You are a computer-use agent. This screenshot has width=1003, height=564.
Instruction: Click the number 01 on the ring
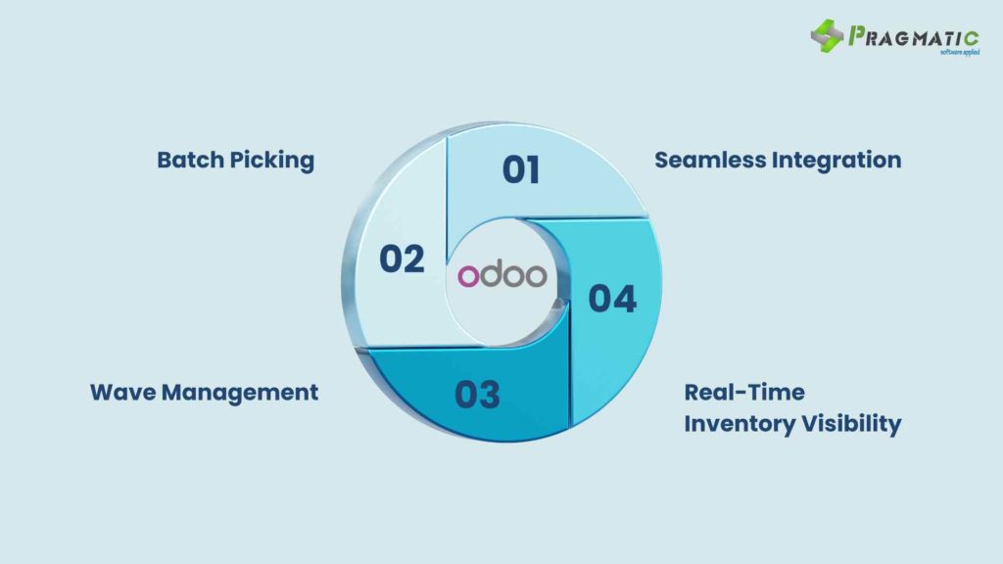pos(521,170)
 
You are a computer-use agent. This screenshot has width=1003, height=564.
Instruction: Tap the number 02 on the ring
pos(402,258)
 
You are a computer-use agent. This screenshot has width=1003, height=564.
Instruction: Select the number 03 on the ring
pos(477,395)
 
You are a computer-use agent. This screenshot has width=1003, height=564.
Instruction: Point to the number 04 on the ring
pos(612,299)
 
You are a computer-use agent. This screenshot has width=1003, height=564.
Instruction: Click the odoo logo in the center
pos(502,275)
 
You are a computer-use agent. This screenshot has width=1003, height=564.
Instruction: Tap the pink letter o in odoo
pos(468,277)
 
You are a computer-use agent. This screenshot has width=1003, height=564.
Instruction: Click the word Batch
pos(190,160)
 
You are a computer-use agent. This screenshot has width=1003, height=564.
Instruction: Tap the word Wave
pos(122,392)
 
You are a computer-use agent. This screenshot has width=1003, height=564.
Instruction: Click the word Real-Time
pos(744,392)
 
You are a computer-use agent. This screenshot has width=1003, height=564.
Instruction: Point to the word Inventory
pos(739,424)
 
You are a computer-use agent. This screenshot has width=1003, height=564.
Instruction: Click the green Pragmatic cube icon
pos(827,36)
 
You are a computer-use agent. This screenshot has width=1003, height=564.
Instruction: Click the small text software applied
pos(960,52)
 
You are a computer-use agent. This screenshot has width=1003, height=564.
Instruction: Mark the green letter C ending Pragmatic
pos(971,38)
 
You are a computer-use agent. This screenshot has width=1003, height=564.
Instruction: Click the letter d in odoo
pos(492,274)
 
